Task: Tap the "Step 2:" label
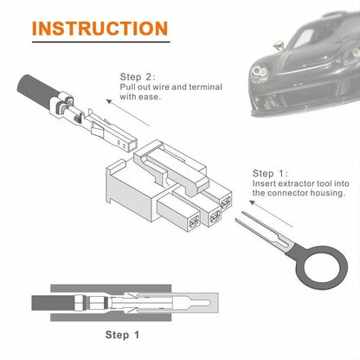click(138, 76)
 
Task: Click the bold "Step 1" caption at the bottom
click(124, 333)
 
